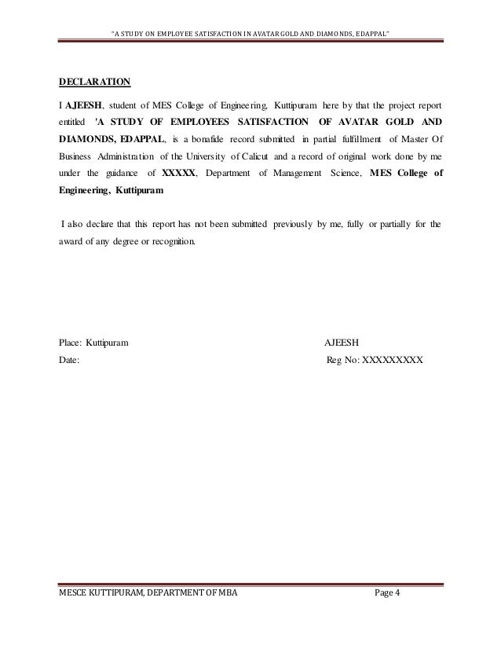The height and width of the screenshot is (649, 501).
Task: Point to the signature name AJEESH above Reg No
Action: coord(342,343)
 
